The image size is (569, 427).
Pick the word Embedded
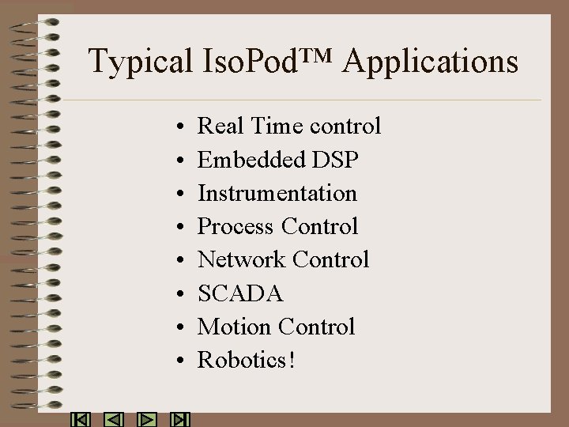[251, 160]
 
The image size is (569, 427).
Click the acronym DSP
[335, 160]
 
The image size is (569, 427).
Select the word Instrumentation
[277, 193]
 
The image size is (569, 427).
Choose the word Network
[242, 260]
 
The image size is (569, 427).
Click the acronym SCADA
[240, 294]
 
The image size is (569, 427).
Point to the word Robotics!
[247, 361]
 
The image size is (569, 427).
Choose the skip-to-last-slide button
[181, 419]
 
